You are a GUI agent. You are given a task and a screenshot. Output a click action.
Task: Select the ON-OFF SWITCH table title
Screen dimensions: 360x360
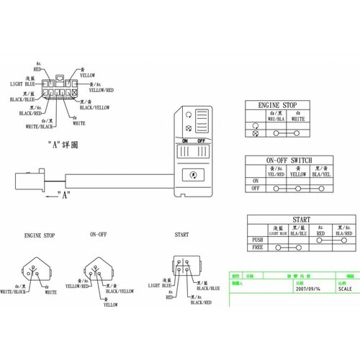[x=289, y=160]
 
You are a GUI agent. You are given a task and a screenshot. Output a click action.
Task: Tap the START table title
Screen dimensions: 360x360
[x=302, y=220]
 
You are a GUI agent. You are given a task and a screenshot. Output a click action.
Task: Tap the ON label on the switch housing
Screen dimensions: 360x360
[x=184, y=141]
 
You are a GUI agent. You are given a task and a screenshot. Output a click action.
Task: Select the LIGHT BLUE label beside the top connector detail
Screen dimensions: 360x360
[x=24, y=84]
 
